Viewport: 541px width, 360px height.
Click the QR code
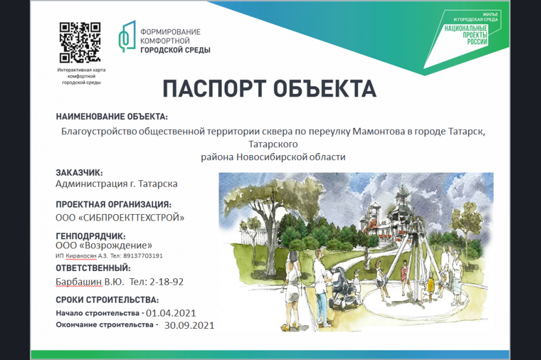point(80,42)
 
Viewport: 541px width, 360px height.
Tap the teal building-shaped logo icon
point(127,36)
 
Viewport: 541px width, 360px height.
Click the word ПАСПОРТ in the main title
point(214,88)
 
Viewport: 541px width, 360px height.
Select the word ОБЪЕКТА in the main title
point(325,88)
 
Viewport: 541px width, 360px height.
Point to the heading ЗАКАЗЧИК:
point(79,173)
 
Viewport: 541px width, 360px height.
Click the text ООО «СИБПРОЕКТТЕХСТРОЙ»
point(120,217)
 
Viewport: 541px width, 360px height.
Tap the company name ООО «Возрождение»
point(104,245)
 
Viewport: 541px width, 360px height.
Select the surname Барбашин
point(78,282)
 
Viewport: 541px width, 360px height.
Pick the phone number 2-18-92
point(166,282)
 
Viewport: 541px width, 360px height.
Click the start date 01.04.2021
point(171,313)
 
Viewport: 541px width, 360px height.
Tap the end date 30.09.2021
point(189,325)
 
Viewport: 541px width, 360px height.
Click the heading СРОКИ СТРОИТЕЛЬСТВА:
point(107,300)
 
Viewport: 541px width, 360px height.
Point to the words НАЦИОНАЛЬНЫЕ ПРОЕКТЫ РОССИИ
point(466,35)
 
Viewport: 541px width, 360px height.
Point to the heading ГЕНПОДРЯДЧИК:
point(91,237)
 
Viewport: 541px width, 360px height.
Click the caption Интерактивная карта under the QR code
point(82,69)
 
